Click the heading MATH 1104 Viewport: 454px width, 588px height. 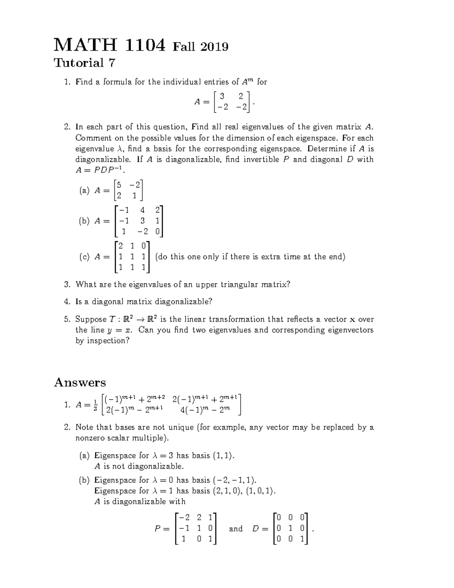pyautogui.click(x=110, y=45)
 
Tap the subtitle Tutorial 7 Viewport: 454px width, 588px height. pyautogui.click(x=84, y=63)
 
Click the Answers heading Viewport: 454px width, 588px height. pyautogui.click(x=80, y=382)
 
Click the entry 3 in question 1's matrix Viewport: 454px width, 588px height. pyautogui.click(x=222, y=96)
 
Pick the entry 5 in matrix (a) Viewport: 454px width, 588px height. pyautogui.click(x=119, y=185)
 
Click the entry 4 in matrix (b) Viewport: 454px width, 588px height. pyautogui.click(x=142, y=210)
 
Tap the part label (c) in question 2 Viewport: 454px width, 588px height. pyautogui.click(x=84, y=257)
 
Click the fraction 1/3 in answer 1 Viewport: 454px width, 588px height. pyautogui.click(x=95, y=405)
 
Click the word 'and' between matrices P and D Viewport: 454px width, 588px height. pyautogui.click(x=236, y=529)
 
